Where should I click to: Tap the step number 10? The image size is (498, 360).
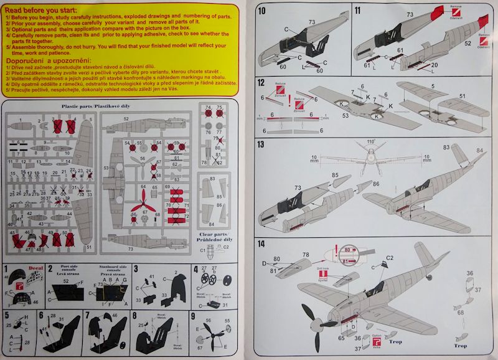pos(262,11)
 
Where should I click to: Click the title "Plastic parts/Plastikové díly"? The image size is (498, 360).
pos(117,107)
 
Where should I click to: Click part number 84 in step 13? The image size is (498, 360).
pos(479,150)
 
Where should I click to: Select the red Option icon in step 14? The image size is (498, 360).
pos(377,341)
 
